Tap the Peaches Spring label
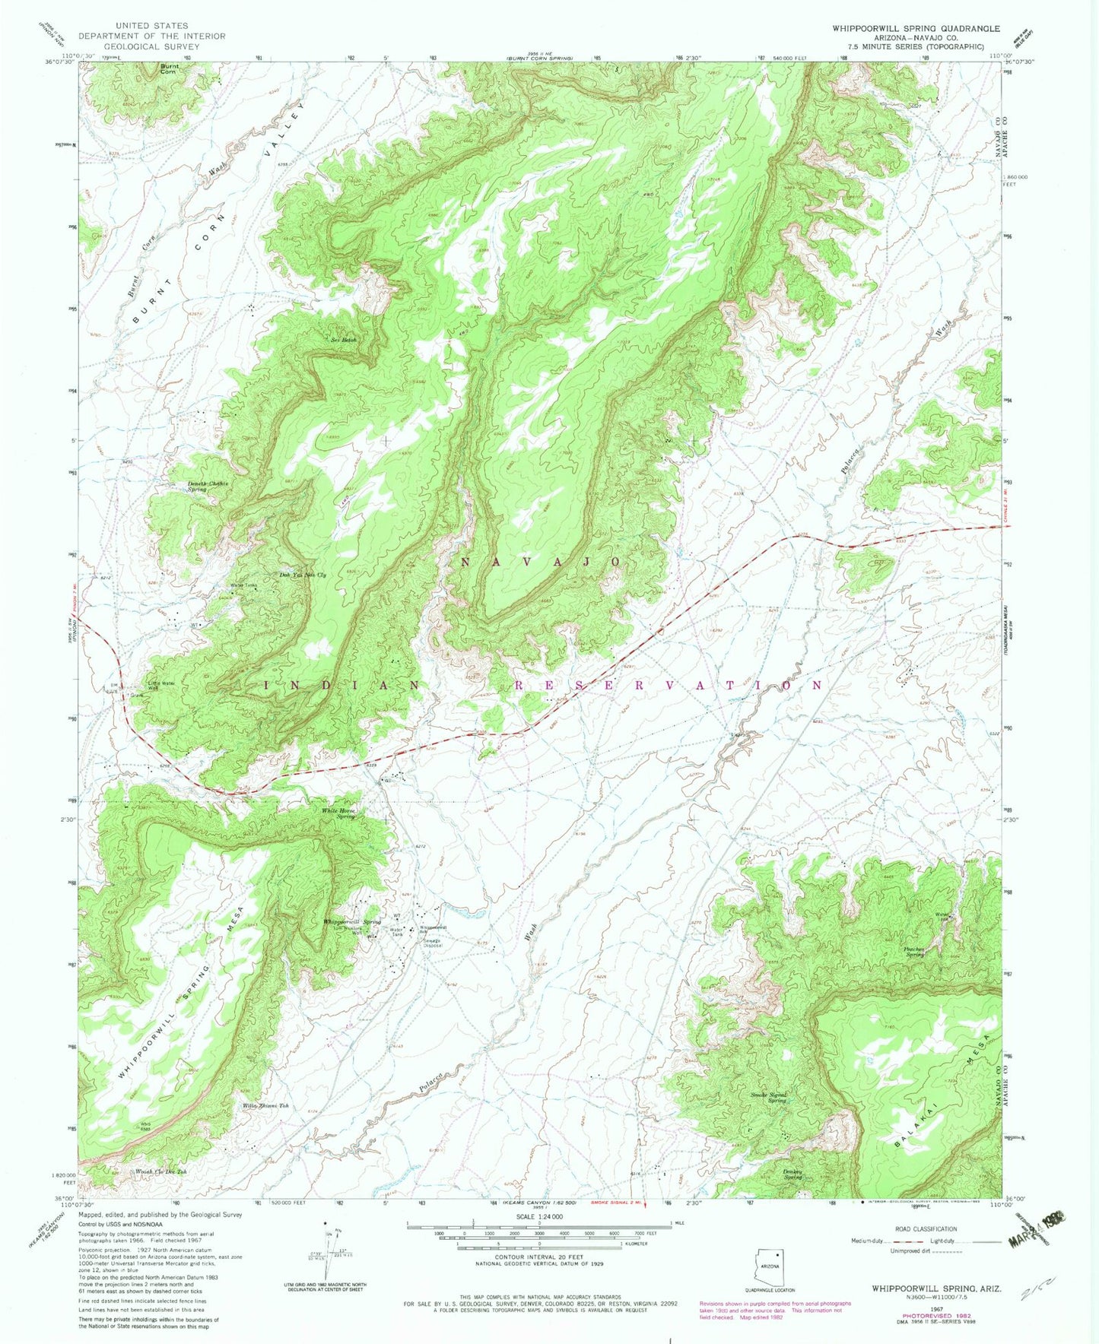[913, 951]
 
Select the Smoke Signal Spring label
[768, 1097]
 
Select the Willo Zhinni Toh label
[266, 1105]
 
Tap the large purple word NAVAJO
[542, 561]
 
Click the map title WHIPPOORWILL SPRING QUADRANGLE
[916, 28]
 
